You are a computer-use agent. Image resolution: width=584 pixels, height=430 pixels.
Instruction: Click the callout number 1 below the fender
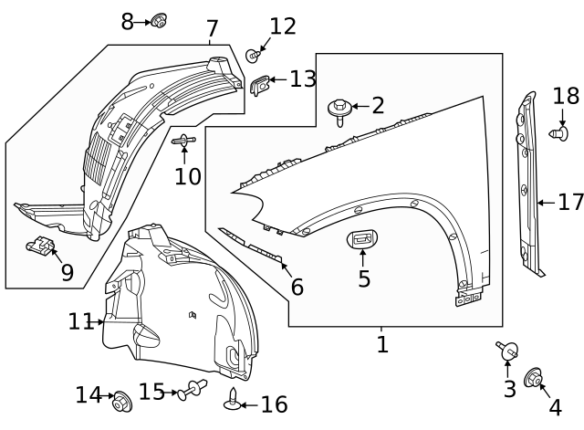point(382,344)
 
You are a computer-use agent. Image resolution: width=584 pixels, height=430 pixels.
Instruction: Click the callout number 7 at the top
point(212,28)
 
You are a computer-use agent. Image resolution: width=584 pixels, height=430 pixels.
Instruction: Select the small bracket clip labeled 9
point(39,245)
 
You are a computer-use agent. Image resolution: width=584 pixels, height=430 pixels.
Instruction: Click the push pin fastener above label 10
point(185,141)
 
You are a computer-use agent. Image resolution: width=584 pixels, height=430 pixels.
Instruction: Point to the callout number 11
point(80,321)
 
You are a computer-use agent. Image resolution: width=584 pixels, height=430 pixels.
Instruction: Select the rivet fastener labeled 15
point(193,391)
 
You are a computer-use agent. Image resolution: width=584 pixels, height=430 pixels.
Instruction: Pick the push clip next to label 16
point(235,400)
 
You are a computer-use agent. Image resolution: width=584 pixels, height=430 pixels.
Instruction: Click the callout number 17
point(570,202)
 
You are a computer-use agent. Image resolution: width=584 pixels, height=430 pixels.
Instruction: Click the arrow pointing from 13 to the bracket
point(279,80)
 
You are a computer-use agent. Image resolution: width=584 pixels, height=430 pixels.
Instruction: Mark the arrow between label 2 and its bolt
point(360,107)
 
